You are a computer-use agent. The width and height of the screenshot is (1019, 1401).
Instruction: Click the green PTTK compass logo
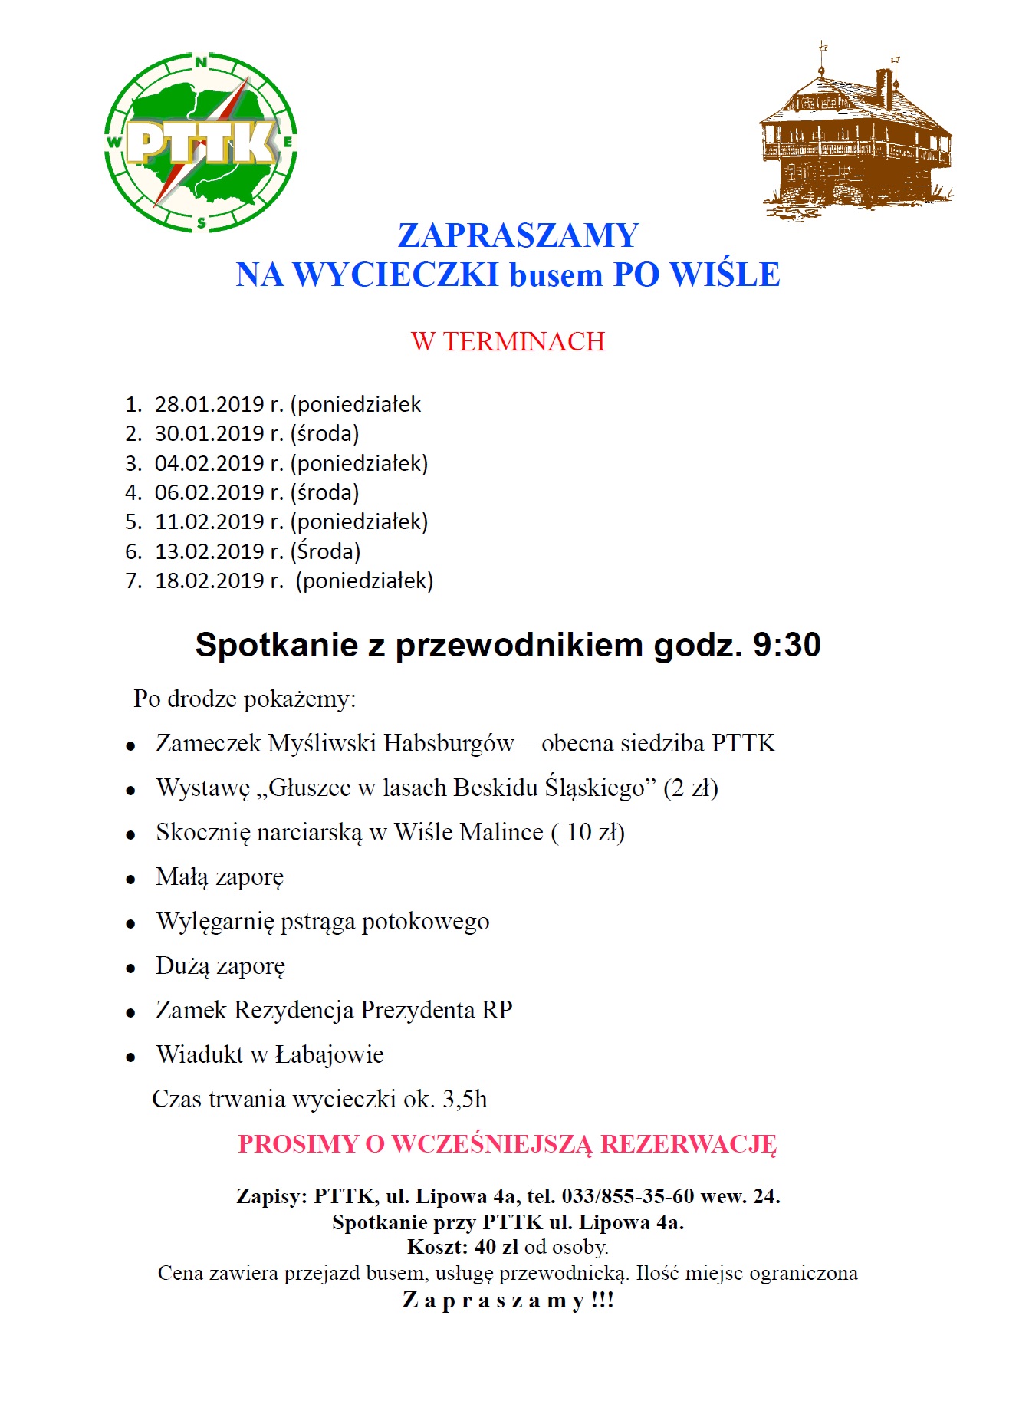point(201,143)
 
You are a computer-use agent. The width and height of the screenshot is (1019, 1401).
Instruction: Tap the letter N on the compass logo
point(201,64)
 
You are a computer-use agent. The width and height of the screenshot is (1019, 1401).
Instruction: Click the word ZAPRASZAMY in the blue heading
point(518,235)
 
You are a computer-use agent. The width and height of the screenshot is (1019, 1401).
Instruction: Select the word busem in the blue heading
point(556,275)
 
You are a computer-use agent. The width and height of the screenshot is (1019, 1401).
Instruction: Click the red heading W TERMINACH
point(508,341)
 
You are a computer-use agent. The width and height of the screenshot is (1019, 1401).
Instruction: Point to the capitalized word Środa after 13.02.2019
point(326,551)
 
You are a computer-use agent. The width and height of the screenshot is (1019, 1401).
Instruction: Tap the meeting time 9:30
point(787,645)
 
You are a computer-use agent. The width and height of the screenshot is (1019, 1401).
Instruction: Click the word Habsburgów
point(449,743)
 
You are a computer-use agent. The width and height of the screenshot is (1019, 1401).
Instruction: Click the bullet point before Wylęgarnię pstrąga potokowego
point(131,924)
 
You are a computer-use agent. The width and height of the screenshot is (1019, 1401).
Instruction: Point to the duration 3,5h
point(465,1099)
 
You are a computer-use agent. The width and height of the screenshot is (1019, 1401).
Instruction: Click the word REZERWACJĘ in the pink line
point(689,1143)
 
